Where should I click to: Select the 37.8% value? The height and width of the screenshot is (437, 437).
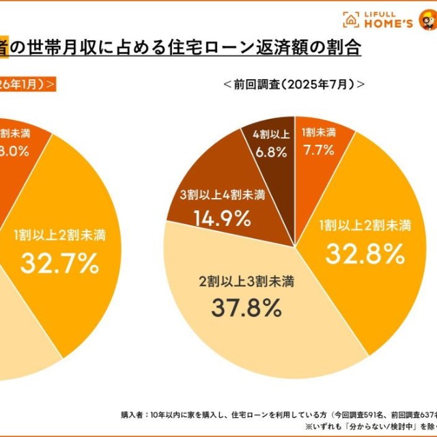click(246, 308)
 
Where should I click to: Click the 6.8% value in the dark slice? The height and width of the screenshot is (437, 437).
click(269, 153)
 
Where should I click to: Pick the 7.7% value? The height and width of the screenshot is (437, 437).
click(318, 148)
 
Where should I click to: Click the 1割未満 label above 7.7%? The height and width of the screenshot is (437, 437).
click(318, 132)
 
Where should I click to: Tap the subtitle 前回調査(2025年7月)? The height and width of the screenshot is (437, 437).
click(293, 85)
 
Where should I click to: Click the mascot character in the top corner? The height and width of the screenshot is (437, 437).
click(428, 20)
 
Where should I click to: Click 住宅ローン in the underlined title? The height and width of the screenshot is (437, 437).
click(236, 49)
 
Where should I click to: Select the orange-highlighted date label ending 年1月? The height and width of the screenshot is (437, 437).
click(27, 84)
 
